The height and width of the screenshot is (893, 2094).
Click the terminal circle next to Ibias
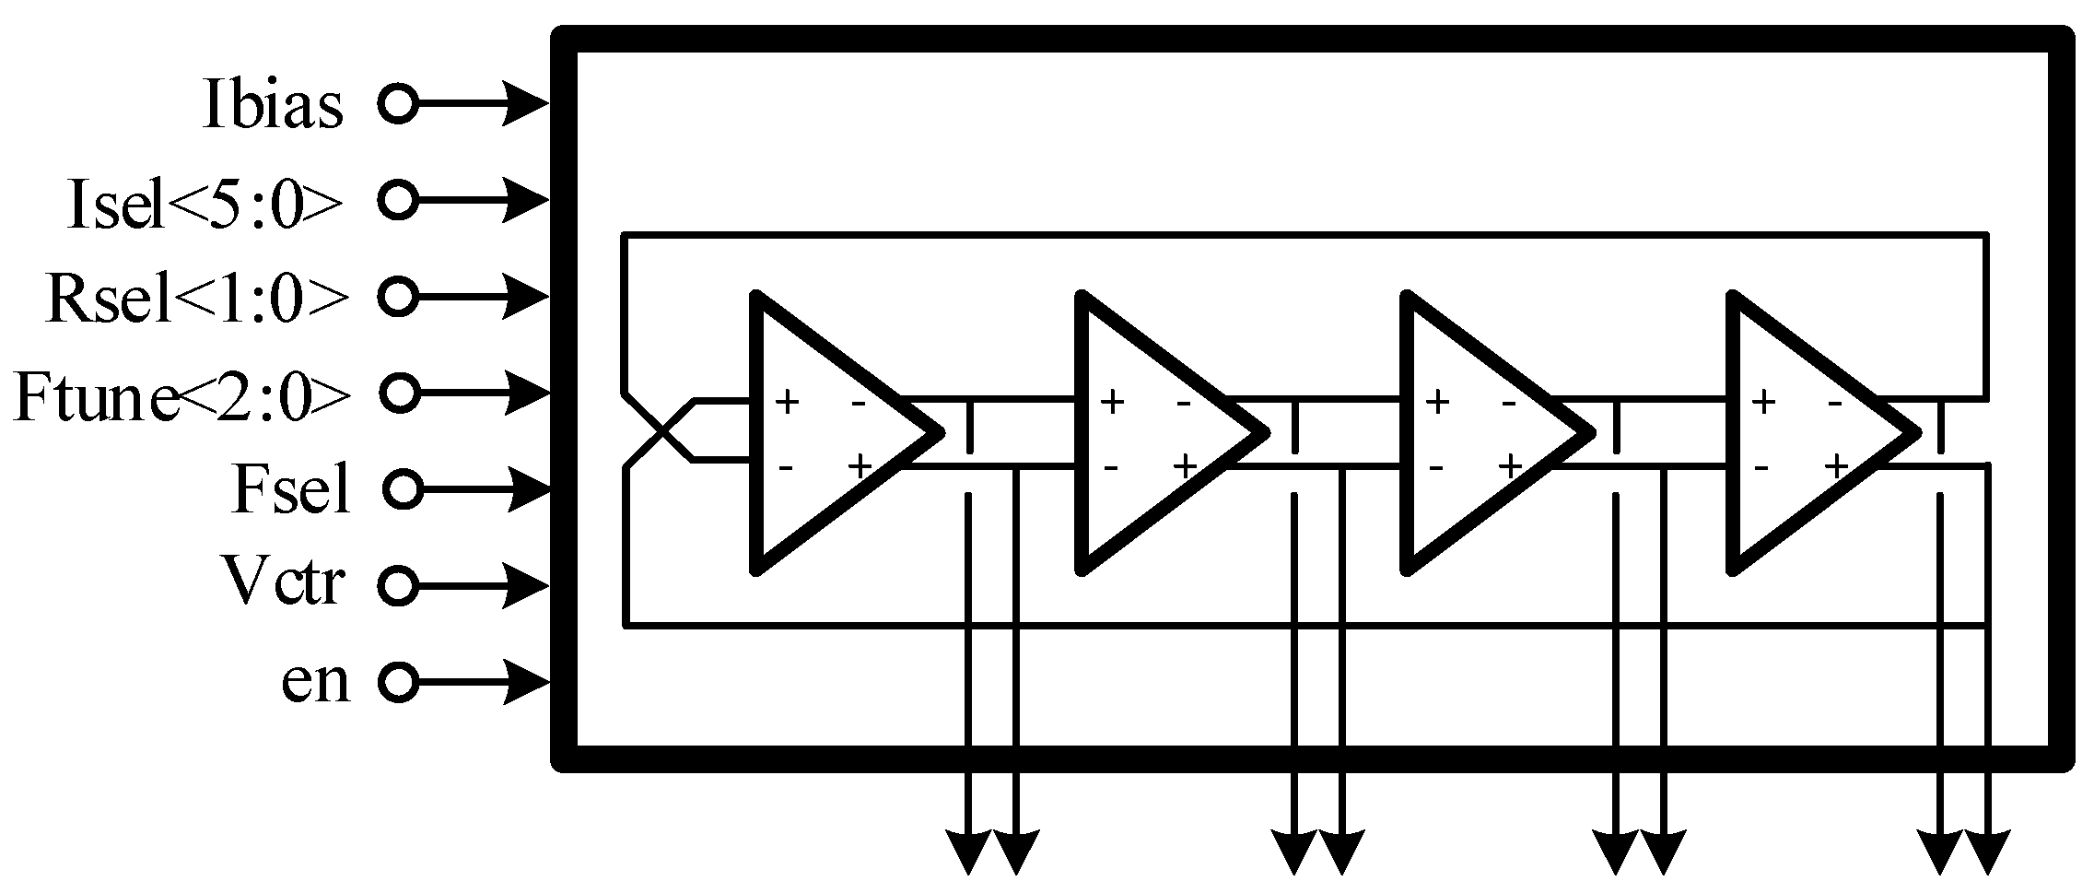(x=398, y=102)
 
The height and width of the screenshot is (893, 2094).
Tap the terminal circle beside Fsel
(x=402, y=488)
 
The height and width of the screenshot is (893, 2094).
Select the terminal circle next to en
(x=398, y=683)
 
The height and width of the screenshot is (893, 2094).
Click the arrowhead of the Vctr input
(x=528, y=585)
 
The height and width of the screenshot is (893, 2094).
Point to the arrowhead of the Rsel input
(x=528, y=296)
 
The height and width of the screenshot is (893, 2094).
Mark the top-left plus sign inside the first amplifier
(x=786, y=403)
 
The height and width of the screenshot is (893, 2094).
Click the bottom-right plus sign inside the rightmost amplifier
(x=1836, y=466)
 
